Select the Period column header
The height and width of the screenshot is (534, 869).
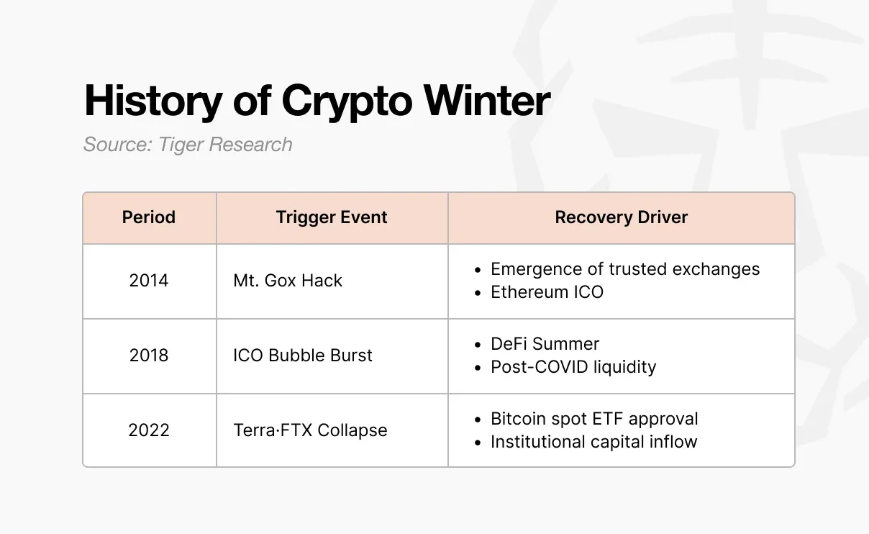(x=149, y=217)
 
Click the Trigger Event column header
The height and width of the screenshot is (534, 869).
(x=332, y=217)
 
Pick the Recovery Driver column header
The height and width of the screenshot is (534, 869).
(x=621, y=217)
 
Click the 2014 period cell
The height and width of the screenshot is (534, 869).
(x=149, y=281)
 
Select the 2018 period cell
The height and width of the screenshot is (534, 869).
(x=149, y=356)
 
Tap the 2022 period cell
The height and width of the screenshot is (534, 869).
(x=149, y=430)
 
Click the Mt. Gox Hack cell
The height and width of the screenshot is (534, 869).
(x=288, y=281)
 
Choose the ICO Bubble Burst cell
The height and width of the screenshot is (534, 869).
(x=303, y=356)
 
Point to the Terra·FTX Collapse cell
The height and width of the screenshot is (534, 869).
(x=310, y=430)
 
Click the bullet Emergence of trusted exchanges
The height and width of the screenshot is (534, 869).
(x=624, y=269)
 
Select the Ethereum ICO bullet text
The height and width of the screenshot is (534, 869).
(x=547, y=292)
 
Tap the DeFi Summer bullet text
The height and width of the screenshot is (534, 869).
(x=545, y=344)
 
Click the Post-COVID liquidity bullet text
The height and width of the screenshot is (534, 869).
(x=573, y=367)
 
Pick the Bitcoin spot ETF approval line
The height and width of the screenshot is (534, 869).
(x=594, y=419)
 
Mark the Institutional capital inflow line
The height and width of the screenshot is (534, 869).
(x=593, y=442)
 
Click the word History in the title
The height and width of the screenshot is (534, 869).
(x=153, y=101)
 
